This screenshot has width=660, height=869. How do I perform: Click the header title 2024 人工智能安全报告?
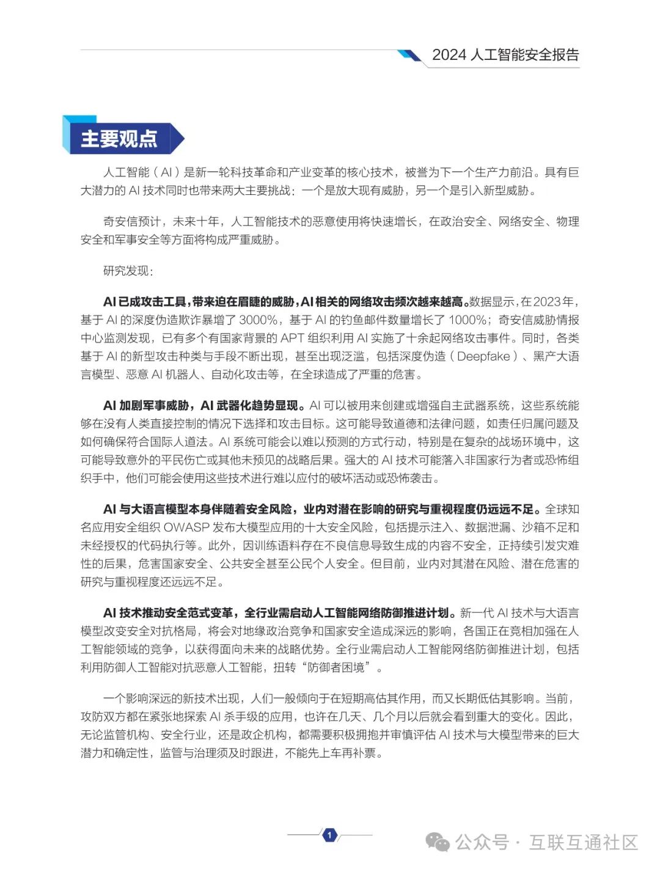(505, 55)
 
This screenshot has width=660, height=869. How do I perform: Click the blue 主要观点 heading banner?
(122, 138)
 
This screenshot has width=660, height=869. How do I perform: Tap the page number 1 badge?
(329, 835)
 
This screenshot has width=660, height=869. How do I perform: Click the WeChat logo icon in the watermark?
(438, 842)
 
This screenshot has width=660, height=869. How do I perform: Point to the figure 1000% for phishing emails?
(468, 320)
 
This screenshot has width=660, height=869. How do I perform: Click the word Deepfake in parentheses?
(483, 356)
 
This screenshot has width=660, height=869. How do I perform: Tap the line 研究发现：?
(128, 271)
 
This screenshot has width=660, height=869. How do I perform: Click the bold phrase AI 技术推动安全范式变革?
(168, 613)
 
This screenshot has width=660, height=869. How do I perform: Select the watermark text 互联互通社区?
(583, 842)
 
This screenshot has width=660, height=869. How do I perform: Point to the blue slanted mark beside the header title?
(409, 56)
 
